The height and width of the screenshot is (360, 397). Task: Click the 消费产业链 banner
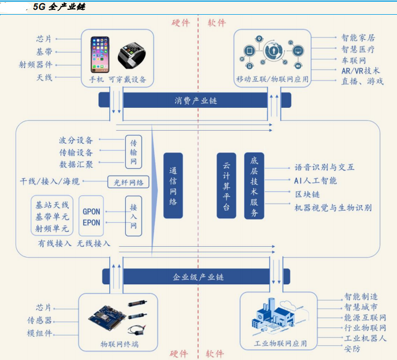(x=196, y=101)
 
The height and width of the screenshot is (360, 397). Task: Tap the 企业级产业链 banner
(x=194, y=277)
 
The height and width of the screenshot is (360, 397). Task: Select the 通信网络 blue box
(x=173, y=185)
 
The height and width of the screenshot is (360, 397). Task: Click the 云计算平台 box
(x=227, y=185)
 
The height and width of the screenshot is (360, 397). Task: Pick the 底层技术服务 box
(x=254, y=185)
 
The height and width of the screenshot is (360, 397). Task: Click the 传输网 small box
(x=134, y=152)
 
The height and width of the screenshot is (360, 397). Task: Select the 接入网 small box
(x=133, y=216)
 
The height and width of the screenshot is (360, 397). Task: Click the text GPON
(x=91, y=211)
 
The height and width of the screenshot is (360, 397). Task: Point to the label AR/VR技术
(x=361, y=70)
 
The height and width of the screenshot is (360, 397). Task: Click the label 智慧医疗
(x=358, y=49)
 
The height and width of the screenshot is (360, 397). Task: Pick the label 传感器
(x=40, y=320)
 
